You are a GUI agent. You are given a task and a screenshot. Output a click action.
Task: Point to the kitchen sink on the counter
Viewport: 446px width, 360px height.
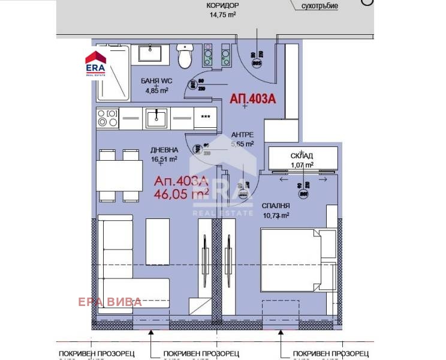click(157, 117)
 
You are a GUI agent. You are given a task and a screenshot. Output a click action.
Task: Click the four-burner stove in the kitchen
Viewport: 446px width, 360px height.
click(107, 118)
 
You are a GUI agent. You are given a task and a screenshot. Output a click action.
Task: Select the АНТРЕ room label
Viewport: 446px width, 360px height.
click(242, 135)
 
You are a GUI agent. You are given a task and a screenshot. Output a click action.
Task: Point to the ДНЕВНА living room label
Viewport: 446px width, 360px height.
click(164, 151)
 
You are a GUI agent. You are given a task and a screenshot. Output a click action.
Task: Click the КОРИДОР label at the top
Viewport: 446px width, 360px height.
click(222, 5)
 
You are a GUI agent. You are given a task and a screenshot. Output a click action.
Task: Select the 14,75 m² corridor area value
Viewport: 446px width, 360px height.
click(222, 16)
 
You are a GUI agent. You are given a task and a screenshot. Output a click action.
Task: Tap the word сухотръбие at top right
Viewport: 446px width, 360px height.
click(320, 6)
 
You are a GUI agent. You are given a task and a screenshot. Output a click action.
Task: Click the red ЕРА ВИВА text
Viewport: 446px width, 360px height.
click(110, 302)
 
